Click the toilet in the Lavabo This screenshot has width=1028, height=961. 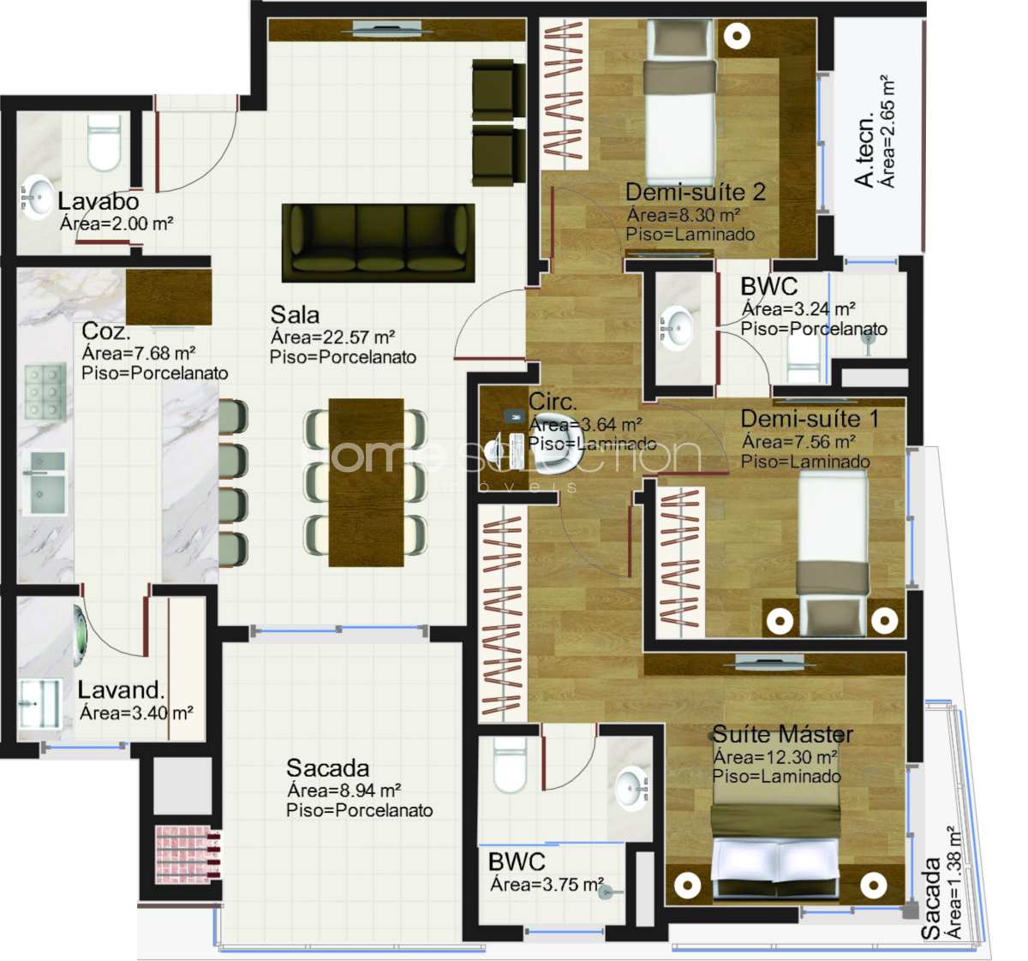pyautogui.click(x=104, y=143)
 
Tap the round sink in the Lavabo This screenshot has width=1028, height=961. pyautogui.click(x=37, y=197)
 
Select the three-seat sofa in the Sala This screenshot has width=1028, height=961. pyautogui.click(x=378, y=243)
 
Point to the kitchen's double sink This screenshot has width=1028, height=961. pyautogui.click(x=45, y=483)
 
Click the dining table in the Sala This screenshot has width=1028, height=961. pyautogui.click(x=366, y=482)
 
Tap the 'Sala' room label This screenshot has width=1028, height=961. pyautogui.click(x=295, y=315)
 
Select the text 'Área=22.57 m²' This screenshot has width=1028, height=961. pyautogui.click(x=333, y=337)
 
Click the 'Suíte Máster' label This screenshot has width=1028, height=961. pyautogui.click(x=783, y=734)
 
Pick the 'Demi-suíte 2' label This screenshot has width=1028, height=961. pyautogui.click(x=695, y=192)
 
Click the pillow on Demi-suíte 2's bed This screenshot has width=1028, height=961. pyautogui.click(x=680, y=77)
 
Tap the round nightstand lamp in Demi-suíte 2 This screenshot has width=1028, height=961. pyautogui.click(x=736, y=36)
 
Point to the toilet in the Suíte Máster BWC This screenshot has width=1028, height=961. pyautogui.click(x=511, y=764)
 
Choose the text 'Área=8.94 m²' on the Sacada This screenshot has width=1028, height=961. pyautogui.click(x=344, y=791)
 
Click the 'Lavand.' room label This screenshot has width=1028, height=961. pyautogui.click(x=121, y=689)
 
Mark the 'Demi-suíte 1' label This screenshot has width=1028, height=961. pyautogui.click(x=810, y=419)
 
